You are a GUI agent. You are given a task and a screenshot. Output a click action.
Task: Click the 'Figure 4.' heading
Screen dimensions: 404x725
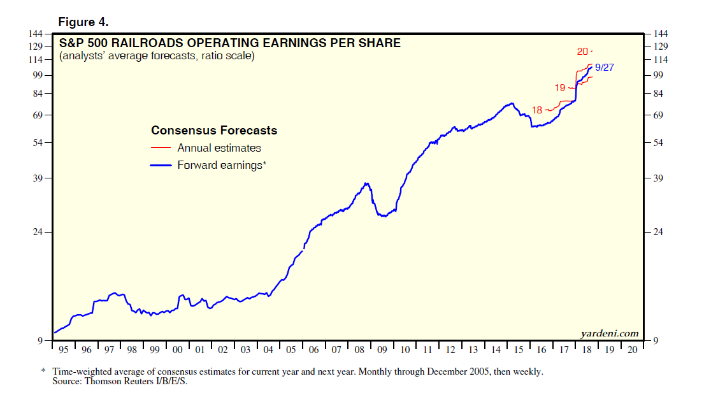(x=83, y=22)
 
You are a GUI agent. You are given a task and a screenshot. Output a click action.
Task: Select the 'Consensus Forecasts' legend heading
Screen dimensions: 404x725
(x=214, y=131)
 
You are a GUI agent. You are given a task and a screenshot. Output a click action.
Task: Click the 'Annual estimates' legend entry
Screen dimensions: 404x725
(x=219, y=148)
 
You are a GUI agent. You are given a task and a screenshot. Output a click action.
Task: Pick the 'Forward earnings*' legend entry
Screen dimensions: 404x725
(x=222, y=165)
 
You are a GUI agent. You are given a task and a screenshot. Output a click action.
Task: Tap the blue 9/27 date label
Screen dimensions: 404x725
(x=604, y=68)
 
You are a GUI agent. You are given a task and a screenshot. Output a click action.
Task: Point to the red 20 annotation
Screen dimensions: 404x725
(x=582, y=52)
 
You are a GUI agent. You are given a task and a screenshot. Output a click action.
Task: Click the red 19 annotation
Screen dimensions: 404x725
(x=560, y=87)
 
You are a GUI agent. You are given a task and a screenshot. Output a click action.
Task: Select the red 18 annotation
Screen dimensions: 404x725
(x=536, y=110)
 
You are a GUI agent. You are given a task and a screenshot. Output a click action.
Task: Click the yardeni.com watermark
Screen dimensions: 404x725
(x=609, y=333)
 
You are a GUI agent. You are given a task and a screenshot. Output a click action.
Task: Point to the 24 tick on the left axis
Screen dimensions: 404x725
(x=38, y=232)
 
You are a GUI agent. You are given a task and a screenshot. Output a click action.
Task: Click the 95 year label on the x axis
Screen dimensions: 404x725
(x=63, y=350)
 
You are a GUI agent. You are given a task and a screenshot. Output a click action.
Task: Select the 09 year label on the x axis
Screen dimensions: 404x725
(x=382, y=350)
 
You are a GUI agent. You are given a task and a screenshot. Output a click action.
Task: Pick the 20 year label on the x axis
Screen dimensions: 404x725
(x=631, y=350)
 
